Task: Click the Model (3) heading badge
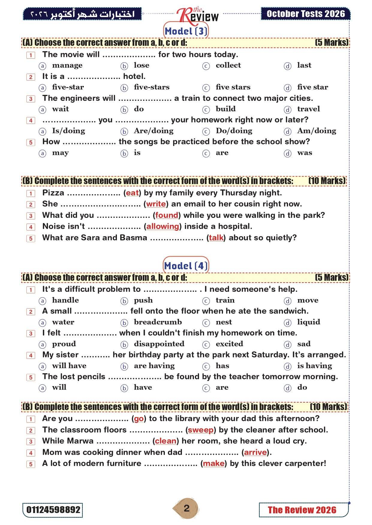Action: [x=186, y=31]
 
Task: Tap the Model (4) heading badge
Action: [x=186, y=265]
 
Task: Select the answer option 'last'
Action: [x=304, y=65]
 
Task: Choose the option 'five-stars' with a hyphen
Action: [x=151, y=87]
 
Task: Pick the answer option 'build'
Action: [x=225, y=109]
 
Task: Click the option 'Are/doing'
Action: [x=153, y=131]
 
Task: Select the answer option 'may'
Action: [x=60, y=153]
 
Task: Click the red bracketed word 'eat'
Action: [x=132, y=193]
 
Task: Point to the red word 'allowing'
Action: [x=162, y=226]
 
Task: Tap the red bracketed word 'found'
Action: [x=167, y=215]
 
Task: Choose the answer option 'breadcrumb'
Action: [x=158, y=322]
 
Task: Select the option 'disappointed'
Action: [x=159, y=344]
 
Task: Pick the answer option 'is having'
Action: [x=314, y=366]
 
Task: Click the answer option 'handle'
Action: [x=65, y=300]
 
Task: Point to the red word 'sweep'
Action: [x=201, y=430]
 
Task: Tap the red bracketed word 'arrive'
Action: [x=255, y=452]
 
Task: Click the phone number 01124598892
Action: [x=53, y=510]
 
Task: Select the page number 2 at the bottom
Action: [x=186, y=509]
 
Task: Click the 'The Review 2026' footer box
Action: [x=302, y=510]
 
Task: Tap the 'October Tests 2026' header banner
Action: [x=305, y=14]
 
